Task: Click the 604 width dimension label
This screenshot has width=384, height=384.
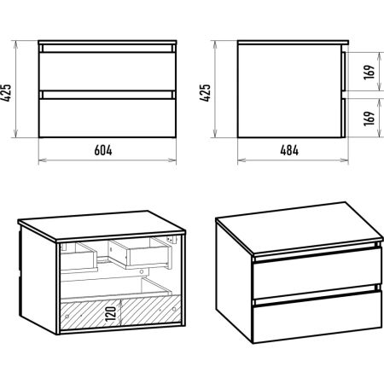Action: tap(103, 150)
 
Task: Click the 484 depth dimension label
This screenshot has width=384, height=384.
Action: tap(289, 150)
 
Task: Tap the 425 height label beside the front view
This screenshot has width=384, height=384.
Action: tap(6, 92)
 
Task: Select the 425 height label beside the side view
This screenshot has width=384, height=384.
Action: tap(205, 92)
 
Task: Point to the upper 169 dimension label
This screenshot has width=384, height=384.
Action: tap(369, 72)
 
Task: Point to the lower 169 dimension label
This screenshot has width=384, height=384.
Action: tap(369, 118)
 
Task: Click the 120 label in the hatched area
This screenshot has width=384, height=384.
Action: tap(111, 314)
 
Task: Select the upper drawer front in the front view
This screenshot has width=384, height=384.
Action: tap(108, 71)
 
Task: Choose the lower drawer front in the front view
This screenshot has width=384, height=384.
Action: tap(108, 118)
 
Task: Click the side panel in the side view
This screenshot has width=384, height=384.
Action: tap(289, 90)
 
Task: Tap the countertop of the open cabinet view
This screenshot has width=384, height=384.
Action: tap(102, 225)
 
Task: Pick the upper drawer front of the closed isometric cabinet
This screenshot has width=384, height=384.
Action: tap(317, 273)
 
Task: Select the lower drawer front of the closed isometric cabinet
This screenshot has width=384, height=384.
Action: tap(317, 317)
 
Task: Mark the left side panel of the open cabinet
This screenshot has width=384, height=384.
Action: tap(38, 279)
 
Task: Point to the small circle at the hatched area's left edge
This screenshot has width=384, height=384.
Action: tap(67, 317)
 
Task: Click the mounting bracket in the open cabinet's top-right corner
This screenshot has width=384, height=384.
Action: tap(172, 240)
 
